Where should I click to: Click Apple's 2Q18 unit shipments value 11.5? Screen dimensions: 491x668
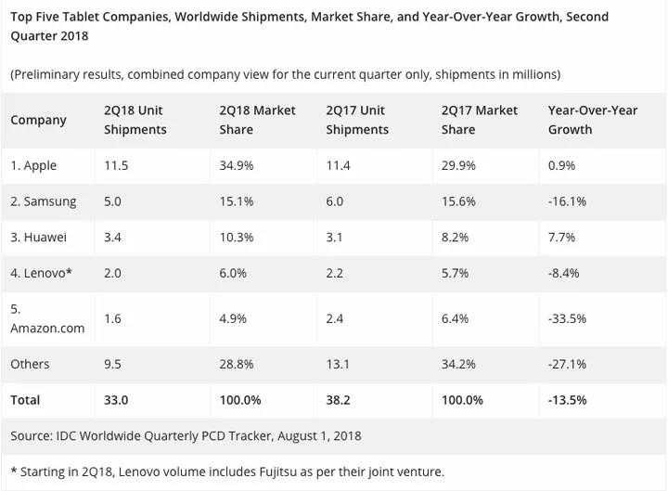[x=116, y=165]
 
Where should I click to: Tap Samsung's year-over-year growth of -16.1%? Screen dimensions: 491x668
[x=567, y=201]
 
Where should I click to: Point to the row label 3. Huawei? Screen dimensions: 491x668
[x=39, y=237]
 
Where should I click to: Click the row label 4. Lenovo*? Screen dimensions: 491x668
[x=42, y=273]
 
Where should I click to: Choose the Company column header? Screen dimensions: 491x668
[x=39, y=120]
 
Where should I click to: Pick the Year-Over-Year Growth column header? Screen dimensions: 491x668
[x=593, y=120]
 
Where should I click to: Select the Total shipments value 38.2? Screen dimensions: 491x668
[x=340, y=400]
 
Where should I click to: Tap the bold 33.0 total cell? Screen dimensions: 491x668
[x=118, y=400]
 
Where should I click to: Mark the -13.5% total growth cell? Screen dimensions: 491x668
[x=568, y=400]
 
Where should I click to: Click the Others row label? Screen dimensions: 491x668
[x=31, y=364]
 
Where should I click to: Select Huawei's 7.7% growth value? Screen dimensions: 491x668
[x=562, y=237]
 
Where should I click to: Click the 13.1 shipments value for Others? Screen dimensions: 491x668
[x=339, y=364]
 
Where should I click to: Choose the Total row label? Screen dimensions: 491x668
[x=26, y=400]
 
